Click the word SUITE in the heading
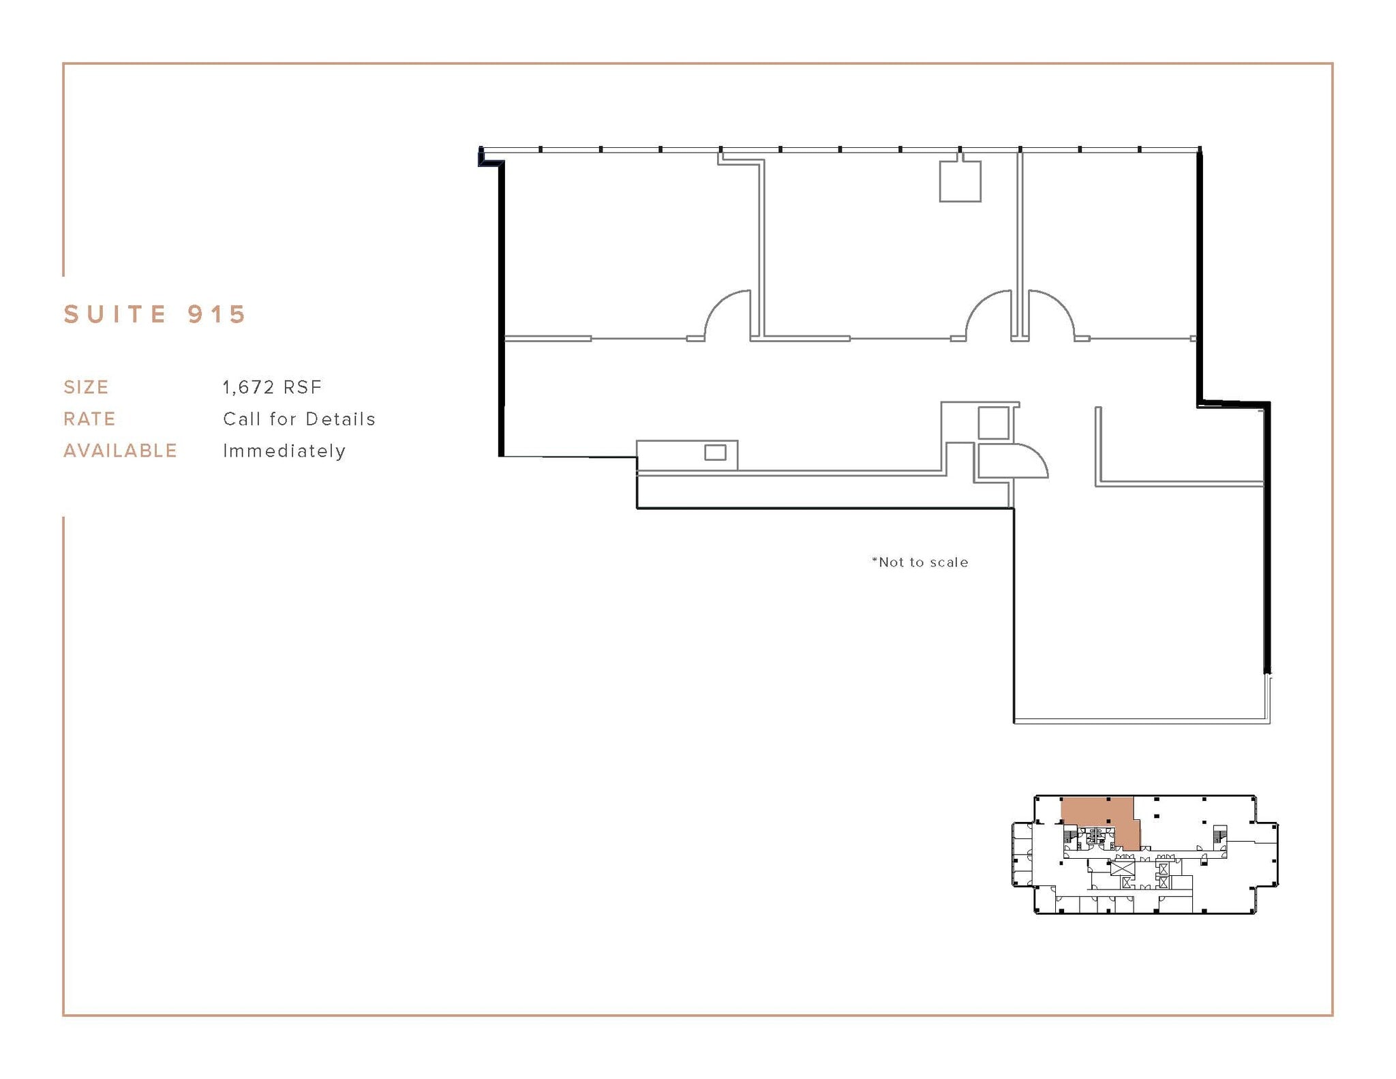click(115, 314)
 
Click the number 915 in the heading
click(216, 314)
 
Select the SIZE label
click(86, 387)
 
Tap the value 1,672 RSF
click(272, 387)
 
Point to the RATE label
click(89, 419)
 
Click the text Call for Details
click(299, 419)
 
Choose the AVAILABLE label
click(120, 451)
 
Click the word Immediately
click(284, 451)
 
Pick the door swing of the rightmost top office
click(1050, 314)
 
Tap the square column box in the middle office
click(960, 181)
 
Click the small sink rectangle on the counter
click(715, 453)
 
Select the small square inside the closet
click(993, 423)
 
